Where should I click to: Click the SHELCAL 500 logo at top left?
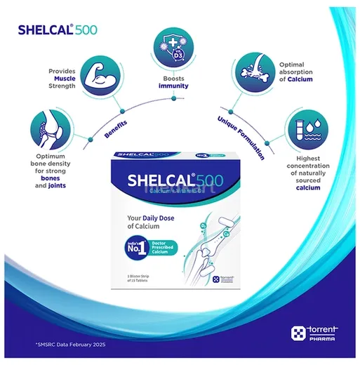(53, 30)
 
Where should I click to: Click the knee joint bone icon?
(47, 130)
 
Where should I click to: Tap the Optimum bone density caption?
(52, 173)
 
